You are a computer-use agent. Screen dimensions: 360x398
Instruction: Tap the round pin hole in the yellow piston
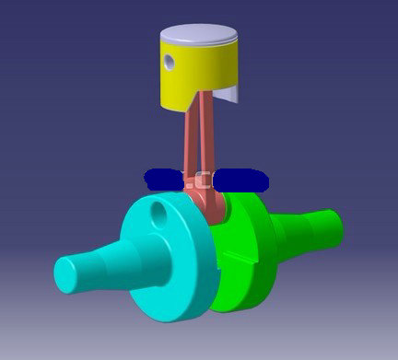(x=170, y=62)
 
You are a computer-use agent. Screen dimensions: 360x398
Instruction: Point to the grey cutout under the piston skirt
(x=229, y=95)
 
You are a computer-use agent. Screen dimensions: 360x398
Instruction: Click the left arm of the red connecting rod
(x=188, y=138)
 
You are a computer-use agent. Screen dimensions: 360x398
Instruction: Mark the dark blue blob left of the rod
(x=166, y=180)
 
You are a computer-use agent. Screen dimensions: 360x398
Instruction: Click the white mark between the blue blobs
(x=202, y=180)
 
